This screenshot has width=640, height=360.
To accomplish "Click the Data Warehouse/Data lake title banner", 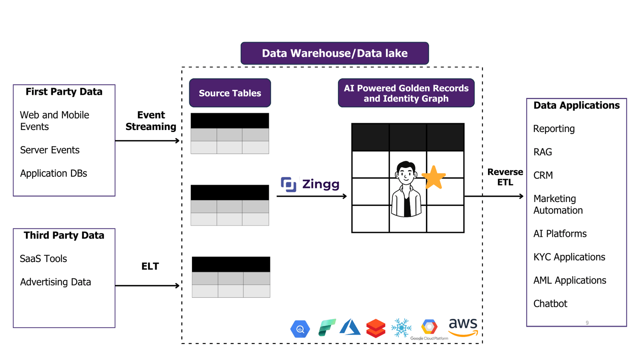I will point(334,53).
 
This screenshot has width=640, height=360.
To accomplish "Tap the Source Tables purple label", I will point(230,93).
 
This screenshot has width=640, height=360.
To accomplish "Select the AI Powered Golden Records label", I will point(406,93).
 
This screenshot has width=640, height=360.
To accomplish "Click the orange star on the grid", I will point(434,177).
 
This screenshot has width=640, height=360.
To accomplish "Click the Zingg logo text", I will point(320,184).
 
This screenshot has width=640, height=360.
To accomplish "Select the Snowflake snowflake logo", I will point(401,328).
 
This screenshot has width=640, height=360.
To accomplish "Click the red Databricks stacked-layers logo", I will point(376,328).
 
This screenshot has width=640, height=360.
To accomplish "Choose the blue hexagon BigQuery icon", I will point(300,329).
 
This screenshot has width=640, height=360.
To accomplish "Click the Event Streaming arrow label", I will point(151,121).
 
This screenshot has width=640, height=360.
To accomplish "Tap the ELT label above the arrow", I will point(150,266).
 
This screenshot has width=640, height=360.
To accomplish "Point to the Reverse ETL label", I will point(505,177).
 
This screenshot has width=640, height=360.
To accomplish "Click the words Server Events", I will point(50,150).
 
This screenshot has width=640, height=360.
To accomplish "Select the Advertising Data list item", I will point(56,282).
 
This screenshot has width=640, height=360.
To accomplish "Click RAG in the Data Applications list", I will point(542,152).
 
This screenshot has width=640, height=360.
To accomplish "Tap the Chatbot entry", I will point(550,304).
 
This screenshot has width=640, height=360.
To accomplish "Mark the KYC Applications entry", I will point(569,257).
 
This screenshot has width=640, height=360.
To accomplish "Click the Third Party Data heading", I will point(64,235).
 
